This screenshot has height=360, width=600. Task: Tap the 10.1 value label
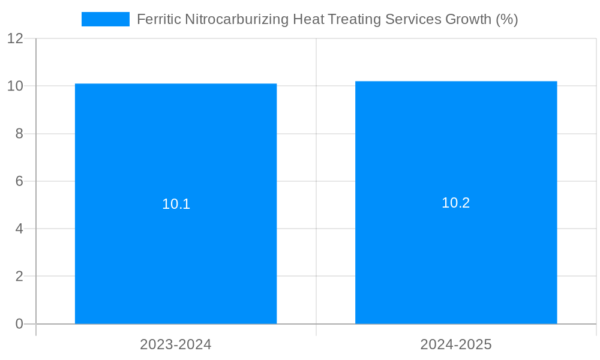click(x=176, y=204)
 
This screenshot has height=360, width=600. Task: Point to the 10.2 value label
click(x=456, y=203)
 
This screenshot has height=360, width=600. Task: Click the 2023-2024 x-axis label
click(x=176, y=344)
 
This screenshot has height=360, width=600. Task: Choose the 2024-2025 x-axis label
click(x=456, y=344)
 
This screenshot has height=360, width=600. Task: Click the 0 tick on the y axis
click(x=19, y=324)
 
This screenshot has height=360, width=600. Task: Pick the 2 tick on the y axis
click(x=19, y=277)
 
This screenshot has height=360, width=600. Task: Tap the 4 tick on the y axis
click(x=19, y=229)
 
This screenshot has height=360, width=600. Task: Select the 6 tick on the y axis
click(x=19, y=181)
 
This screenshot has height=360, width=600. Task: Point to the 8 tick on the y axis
click(x=19, y=134)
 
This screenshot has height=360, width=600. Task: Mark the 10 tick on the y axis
click(x=16, y=86)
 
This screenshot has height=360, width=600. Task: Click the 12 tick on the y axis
click(x=16, y=38)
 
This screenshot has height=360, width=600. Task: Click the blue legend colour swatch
click(x=106, y=19)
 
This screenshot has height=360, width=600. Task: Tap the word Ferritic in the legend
click(x=158, y=19)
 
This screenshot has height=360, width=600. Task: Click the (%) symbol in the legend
click(x=507, y=19)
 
